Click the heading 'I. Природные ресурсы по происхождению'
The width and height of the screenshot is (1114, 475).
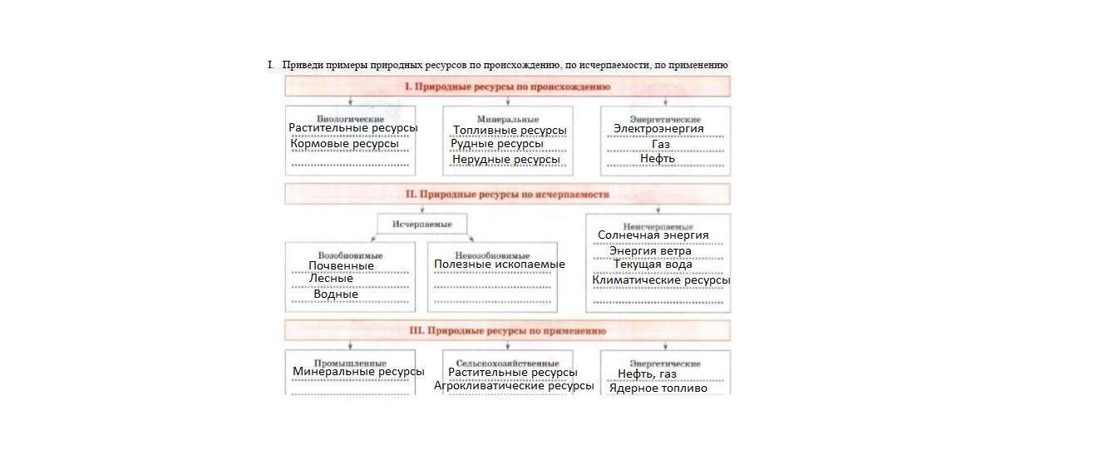click(507, 87)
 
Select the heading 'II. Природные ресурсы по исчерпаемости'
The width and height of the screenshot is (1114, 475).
click(507, 194)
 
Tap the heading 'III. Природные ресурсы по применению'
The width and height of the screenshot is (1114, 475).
click(507, 330)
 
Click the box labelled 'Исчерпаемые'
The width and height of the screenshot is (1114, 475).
click(421, 224)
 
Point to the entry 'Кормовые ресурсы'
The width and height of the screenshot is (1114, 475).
click(344, 144)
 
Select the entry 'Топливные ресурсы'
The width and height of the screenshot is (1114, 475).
click(510, 131)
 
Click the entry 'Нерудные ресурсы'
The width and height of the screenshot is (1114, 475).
click(505, 160)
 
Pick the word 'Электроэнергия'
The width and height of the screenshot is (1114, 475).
click(658, 129)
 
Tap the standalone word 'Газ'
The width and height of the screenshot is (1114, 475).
click(661, 145)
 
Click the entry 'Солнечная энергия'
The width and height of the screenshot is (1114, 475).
click(653, 235)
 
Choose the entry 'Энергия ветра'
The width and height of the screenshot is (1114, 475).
click(650, 250)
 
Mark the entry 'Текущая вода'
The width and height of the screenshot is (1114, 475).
click(653, 265)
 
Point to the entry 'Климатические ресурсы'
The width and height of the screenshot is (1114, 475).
click(661, 280)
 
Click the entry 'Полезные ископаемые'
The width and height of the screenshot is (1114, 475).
click(499, 265)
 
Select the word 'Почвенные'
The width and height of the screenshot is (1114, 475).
click(341, 266)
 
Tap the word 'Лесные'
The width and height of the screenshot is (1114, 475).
click(331, 279)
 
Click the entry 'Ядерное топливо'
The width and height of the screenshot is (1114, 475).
click(658, 388)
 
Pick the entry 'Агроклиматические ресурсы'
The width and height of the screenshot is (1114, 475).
click(514, 386)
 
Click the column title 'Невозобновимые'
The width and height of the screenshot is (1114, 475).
click(492, 255)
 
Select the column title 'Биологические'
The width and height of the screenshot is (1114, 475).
click(350, 119)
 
